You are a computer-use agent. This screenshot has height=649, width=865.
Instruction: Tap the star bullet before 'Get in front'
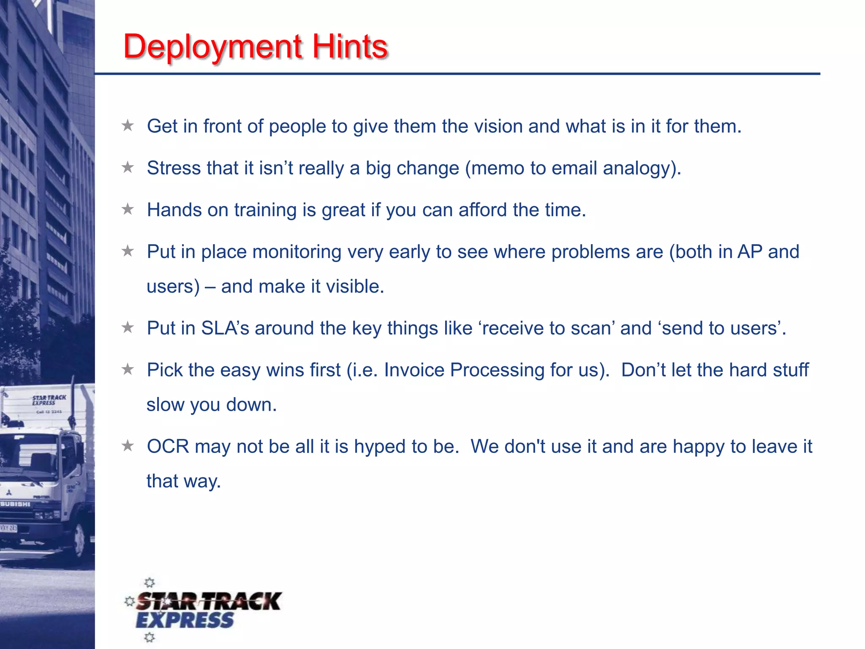[128, 125]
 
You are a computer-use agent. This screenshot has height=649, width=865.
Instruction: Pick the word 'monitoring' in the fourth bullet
[296, 252]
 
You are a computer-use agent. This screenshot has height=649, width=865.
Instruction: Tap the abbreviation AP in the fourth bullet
[750, 252]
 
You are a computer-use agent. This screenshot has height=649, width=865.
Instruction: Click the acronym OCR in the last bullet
[168, 447]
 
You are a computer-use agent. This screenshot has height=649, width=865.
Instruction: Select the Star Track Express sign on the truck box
[49, 400]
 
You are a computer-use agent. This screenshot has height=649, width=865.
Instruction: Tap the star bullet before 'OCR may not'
[128, 446]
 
